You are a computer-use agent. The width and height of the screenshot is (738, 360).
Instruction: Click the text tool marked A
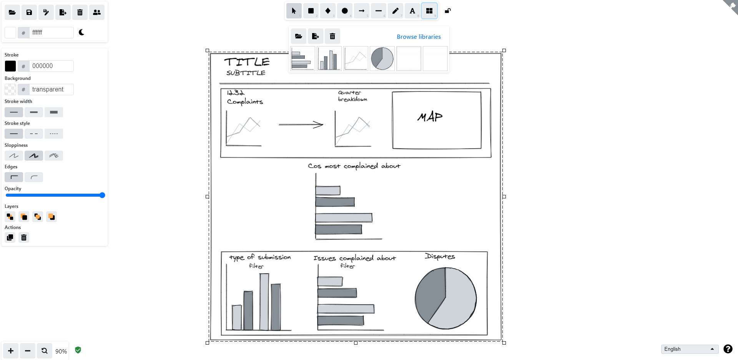coord(412,11)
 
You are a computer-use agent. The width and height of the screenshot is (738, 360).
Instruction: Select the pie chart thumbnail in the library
coord(382,59)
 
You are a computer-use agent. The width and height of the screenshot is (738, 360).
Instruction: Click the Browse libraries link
coord(419,36)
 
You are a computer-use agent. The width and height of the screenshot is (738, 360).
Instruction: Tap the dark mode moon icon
coord(81,32)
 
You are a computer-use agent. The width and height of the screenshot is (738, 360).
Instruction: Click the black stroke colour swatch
coord(10,66)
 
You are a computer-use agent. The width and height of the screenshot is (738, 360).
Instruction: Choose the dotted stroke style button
coord(54,134)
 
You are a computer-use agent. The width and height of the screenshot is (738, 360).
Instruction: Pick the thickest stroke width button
coord(54,112)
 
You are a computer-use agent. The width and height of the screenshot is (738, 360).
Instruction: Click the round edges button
coord(34,177)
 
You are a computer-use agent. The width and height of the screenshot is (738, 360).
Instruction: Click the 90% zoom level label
coord(61,351)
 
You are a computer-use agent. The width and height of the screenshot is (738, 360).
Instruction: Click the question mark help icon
coord(728,349)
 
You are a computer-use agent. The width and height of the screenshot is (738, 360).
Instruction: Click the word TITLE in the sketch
coord(247,62)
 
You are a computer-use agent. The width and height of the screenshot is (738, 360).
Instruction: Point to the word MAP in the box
coord(430,117)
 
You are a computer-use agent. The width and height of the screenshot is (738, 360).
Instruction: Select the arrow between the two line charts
coord(301,124)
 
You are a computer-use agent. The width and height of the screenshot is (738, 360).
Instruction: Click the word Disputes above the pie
coord(440,256)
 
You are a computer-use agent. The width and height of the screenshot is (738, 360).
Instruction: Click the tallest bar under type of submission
coord(264,302)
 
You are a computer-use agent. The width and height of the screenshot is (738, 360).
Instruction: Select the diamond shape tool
coord(328,11)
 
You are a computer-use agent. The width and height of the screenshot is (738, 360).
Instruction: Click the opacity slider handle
coord(102,195)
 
